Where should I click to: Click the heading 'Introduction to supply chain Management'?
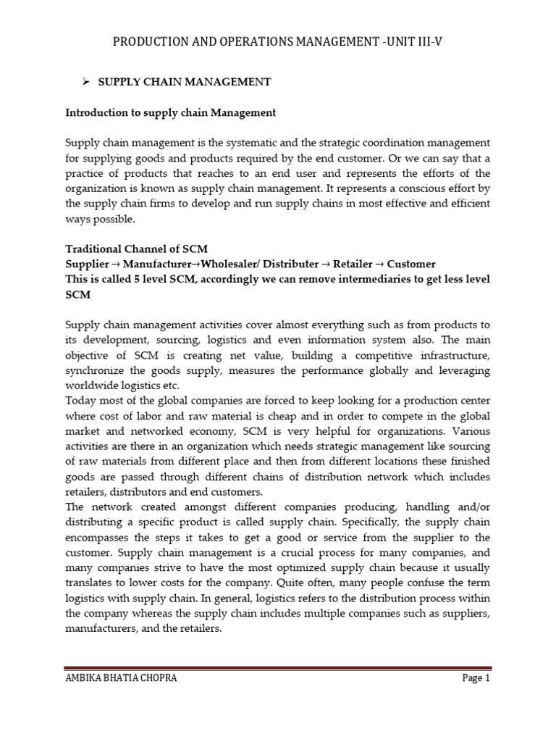point(170,112)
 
